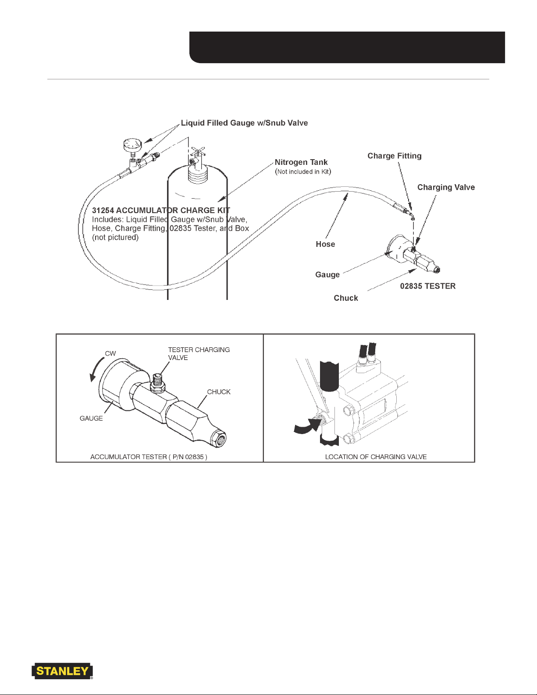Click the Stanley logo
click(62, 671)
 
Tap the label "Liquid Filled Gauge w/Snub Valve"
click(244, 123)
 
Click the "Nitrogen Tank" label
click(301, 162)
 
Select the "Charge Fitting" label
click(395, 156)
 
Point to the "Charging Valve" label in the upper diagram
click(446, 187)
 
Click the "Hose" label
click(325, 244)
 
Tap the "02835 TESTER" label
click(428, 286)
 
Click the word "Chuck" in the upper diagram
click(346, 298)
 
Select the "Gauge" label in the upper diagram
click(327, 274)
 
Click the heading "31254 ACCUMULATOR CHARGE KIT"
click(161, 210)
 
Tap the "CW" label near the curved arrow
click(110, 353)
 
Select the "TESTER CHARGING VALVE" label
click(199, 353)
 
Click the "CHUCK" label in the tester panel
click(219, 392)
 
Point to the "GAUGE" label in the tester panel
click(91, 418)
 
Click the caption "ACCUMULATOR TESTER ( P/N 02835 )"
click(149, 457)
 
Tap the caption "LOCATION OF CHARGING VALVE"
click(376, 457)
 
